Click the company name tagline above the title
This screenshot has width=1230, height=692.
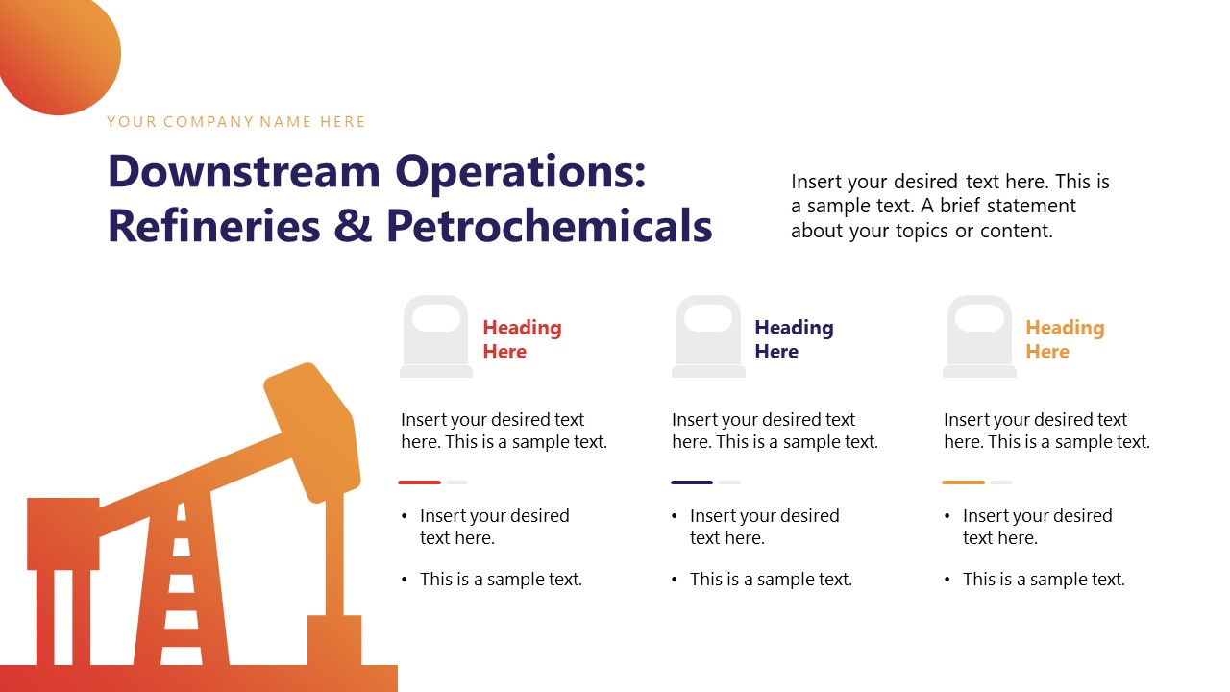tap(235, 122)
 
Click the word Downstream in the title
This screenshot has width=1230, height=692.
tap(244, 172)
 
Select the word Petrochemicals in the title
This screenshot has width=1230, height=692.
tap(549, 226)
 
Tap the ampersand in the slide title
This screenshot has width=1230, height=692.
tap(352, 226)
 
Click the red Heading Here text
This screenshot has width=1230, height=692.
tap(522, 339)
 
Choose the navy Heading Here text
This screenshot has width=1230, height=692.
tap(794, 339)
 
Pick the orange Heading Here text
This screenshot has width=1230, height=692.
tap(1065, 339)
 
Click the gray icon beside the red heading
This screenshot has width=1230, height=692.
tap(436, 336)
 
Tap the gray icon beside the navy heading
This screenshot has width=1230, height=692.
tap(708, 336)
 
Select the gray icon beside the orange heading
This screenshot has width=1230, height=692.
tap(979, 336)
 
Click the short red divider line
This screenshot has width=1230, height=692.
tap(420, 482)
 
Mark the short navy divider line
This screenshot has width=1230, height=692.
tap(692, 482)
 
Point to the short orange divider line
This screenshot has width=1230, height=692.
tap(963, 482)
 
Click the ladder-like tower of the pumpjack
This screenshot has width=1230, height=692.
tap(181, 577)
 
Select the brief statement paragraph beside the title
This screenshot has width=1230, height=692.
tap(949, 206)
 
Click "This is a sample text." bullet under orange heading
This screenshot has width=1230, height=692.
tap(1044, 580)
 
